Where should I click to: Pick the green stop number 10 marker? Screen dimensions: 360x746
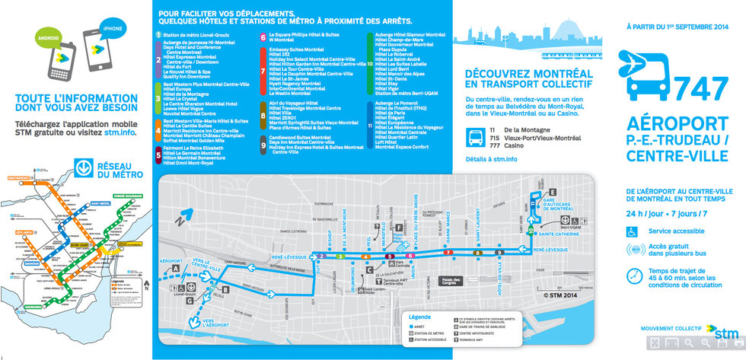coord(524,231)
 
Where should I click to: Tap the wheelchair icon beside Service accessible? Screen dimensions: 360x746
coord(633,230)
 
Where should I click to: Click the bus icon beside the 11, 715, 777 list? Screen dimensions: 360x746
coord(474,137)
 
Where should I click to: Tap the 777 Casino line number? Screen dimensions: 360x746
coord(498,144)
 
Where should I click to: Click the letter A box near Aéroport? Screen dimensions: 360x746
coord(176,268)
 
